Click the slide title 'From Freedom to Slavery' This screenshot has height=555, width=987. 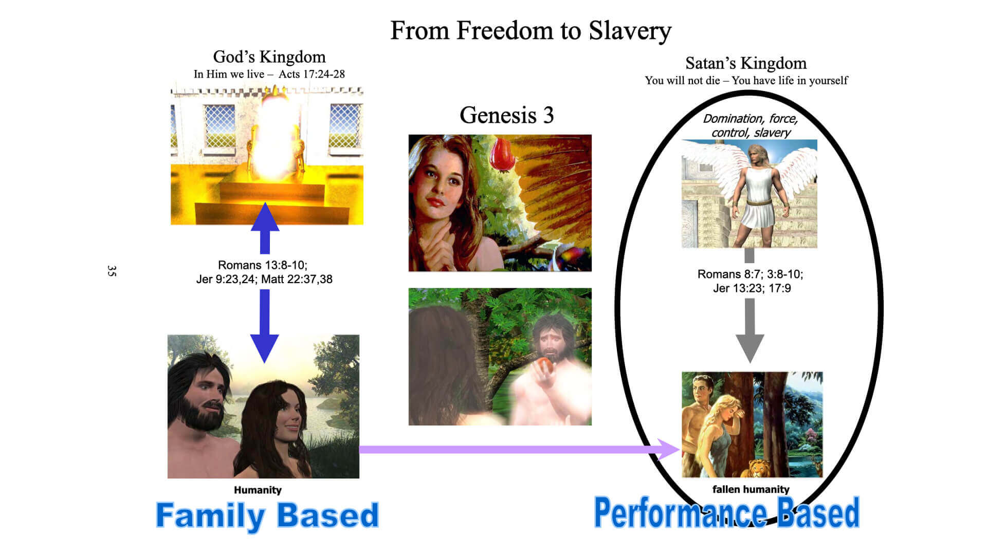click(x=531, y=31)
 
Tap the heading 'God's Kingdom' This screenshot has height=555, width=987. click(x=269, y=57)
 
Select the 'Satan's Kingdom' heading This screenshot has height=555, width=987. click(x=746, y=63)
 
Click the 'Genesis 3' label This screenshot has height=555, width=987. click(x=507, y=115)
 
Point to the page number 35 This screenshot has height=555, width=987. click(x=112, y=271)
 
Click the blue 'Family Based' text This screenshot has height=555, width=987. click(x=267, y=515)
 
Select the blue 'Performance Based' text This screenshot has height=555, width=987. click(x=726, y=512)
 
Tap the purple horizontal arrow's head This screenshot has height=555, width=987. click(x=669, y=449)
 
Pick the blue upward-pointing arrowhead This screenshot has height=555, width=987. click(x=265, y=217)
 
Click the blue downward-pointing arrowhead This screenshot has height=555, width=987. click(x=265, y=348)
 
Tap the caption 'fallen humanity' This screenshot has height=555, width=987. click(x=751, y=489)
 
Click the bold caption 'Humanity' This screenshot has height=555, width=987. click(x=258, y=490)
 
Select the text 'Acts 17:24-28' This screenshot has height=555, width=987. click(x=312, y=74)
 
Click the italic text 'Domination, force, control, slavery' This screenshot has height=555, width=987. click(x=751, y=125)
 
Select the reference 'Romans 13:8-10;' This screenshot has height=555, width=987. click(x=263, y=265)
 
